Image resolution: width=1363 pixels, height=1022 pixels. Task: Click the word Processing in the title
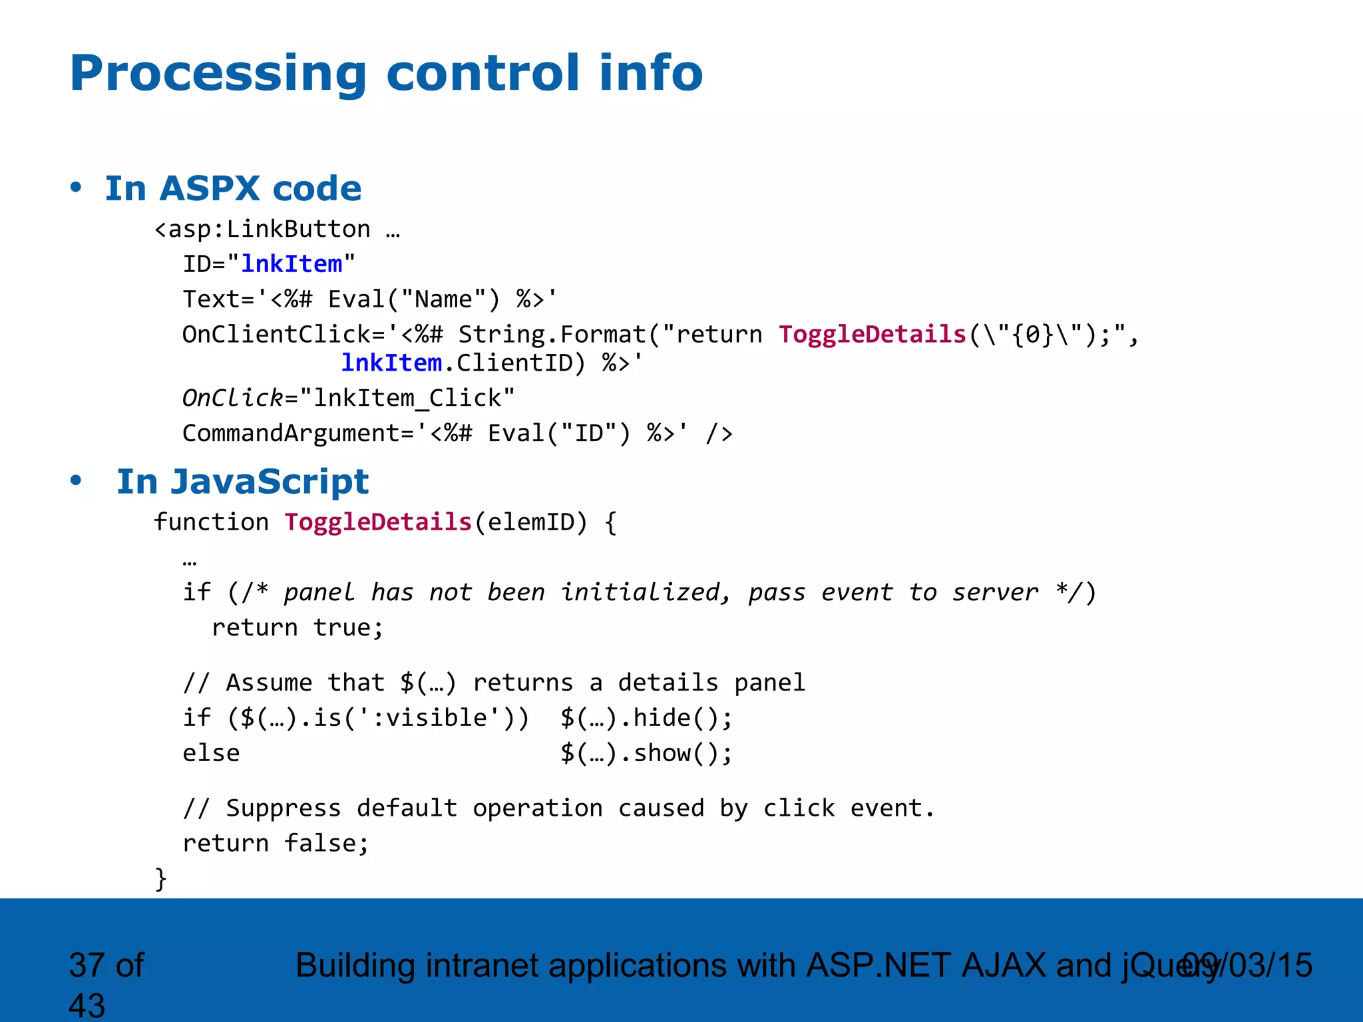(x=218, y=73)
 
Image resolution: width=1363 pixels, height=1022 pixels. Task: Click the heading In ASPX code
(x=233, y=188)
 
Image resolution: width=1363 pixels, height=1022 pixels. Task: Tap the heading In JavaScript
(x=242, y=481)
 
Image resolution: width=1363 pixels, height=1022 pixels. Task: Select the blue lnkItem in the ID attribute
(x=292, y=264)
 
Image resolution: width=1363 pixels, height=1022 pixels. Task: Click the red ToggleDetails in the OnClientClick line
(x=872, y=334)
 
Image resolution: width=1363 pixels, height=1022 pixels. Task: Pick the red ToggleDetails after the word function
(x=378, y=522)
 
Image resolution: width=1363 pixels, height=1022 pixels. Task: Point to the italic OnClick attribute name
(x=233, y=398)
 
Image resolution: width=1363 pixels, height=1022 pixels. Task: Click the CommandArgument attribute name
(x=292, y=433)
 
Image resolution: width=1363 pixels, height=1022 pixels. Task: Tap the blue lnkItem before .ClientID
(x=391, y=363)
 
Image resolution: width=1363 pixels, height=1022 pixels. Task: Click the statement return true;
(x=297, y=627)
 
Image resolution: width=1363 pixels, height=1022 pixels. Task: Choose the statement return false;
(x=276, y=843)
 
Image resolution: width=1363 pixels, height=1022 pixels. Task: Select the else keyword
(x=211, y=753)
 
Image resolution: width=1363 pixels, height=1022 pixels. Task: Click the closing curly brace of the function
(x=160, y=878)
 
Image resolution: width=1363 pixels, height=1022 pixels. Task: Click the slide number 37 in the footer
(x=87, y=965)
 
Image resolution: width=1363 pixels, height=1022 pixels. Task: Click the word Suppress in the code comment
(x=283, y=808)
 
